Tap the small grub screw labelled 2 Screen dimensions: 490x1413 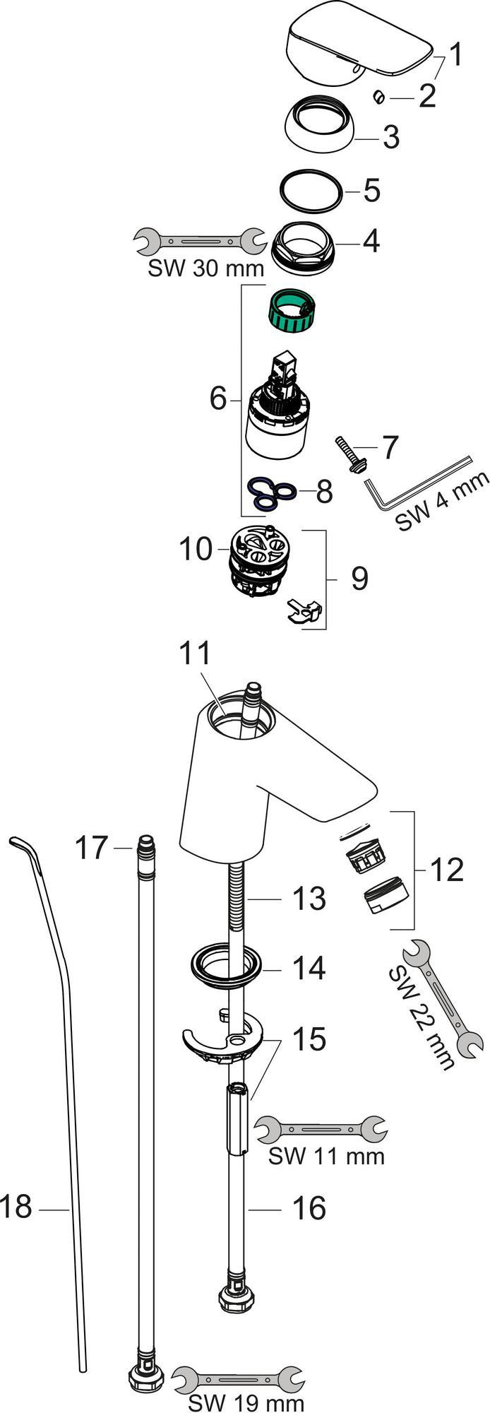click(x=378, y=96)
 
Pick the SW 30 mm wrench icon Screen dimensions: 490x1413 click(x=196, y=242)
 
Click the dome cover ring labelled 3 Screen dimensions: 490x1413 click(x=320, y=125)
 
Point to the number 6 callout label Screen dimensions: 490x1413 click(x=219, y=400)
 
